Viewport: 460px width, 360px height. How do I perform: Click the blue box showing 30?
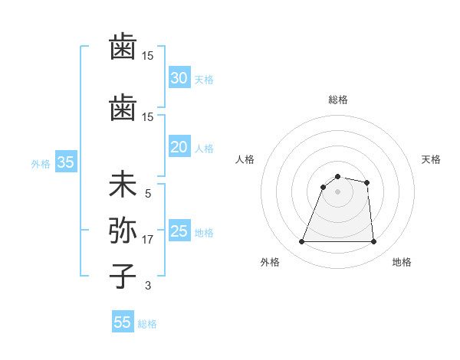[x=179, y=77]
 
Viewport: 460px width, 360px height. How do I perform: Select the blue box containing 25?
[x=179, y=231]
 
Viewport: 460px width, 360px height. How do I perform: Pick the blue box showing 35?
[x=65, y=162]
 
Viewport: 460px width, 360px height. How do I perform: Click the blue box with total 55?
[x=122, y=322]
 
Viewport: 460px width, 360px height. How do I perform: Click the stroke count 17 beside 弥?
[x=148, y=240]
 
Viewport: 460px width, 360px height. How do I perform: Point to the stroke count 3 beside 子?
[x=148, y=286]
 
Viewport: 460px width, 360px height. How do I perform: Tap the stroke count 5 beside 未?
[x=148, y=194]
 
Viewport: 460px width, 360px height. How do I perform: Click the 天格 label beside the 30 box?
[x=203, y=79]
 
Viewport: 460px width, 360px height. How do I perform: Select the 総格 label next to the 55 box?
[x=147, y=324]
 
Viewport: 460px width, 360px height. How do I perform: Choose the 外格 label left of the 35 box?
[x=41, y=163]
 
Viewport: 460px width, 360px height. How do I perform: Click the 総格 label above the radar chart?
[x=337, y=100]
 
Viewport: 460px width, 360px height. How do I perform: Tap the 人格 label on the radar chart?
[x=245, y=159]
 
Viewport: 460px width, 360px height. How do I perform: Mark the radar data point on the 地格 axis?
[x=373, y=242]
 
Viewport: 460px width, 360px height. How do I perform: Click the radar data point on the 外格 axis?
[x=302, y=242]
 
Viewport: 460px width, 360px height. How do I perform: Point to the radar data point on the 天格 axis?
[x=367, y=182]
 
